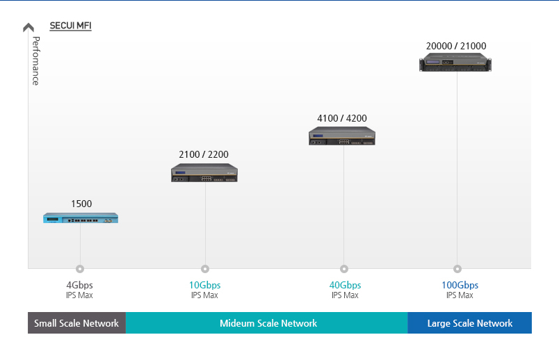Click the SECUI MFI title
(x=70, y=26)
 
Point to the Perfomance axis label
(x=35, y=60)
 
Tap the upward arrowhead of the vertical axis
(x=29, y=27)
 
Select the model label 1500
(x=81, y=204)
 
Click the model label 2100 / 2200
(x=204, y=154)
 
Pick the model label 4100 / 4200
(x=342, y=118)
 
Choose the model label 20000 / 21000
(x=456, y=47)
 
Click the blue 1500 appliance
(x=81, y=218)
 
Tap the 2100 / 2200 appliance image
(x=204, y=173)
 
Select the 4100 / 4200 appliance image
(x=342, y=136)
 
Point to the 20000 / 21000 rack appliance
(x=455, y=63)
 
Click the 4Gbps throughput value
(x=79, y=285)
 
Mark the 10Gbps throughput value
(x=204, y=285)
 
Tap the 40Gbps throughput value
(x=345, y=285)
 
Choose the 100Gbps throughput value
(x=460, y=285)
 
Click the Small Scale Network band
(x=76, y=323)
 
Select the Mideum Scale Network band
(x=268, y=323)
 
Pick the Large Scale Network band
(x=469, y=323)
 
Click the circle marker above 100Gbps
(x=457, y=269)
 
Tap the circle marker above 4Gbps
(x=80, y=269)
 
